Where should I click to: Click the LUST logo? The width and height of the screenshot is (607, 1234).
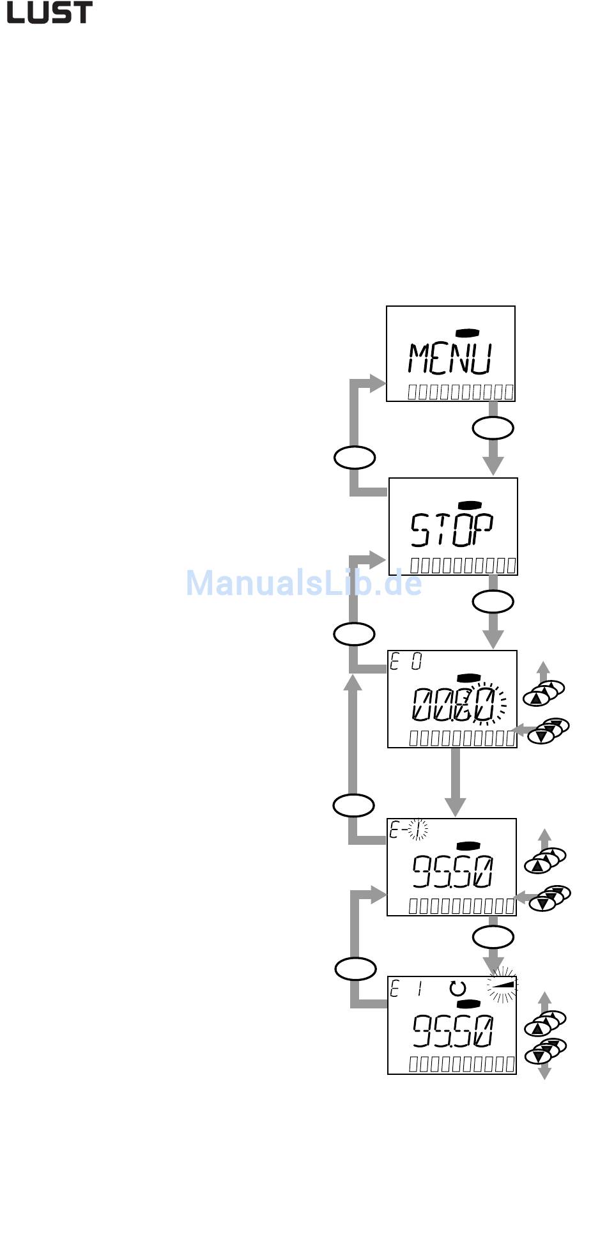click(x=49, y=13)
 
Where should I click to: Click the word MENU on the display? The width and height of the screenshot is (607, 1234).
click(x=450, y=359)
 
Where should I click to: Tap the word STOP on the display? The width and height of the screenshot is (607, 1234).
click(x=452, y=530)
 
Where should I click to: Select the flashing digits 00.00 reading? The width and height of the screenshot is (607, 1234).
click(x=455, y=705)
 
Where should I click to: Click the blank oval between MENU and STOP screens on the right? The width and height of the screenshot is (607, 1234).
click(x=493, y=428)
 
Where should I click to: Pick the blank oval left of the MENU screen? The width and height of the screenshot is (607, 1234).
click(x=355, y=458)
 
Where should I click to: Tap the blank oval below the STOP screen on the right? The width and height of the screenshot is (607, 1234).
click(x=493, y=601)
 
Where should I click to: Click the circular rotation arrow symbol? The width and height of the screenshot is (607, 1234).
click(x=457, y=988)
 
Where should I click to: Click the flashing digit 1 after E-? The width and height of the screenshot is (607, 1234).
click(x=419, y=829)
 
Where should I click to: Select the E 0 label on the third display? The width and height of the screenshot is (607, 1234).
click(x=406, y=662)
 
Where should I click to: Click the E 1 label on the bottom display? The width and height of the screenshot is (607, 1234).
click(x=406, y=989)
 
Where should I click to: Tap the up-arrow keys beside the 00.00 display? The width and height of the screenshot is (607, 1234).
click(x=544, y=693)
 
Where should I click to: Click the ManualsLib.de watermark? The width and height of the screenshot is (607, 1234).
click(x=303, y=583)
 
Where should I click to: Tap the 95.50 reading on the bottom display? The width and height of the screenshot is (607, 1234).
click(x=452, y=1031)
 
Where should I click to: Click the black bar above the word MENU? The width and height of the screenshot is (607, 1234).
click(x=468, y=332)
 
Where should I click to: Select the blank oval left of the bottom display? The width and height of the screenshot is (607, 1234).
click(x=355, y=969)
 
